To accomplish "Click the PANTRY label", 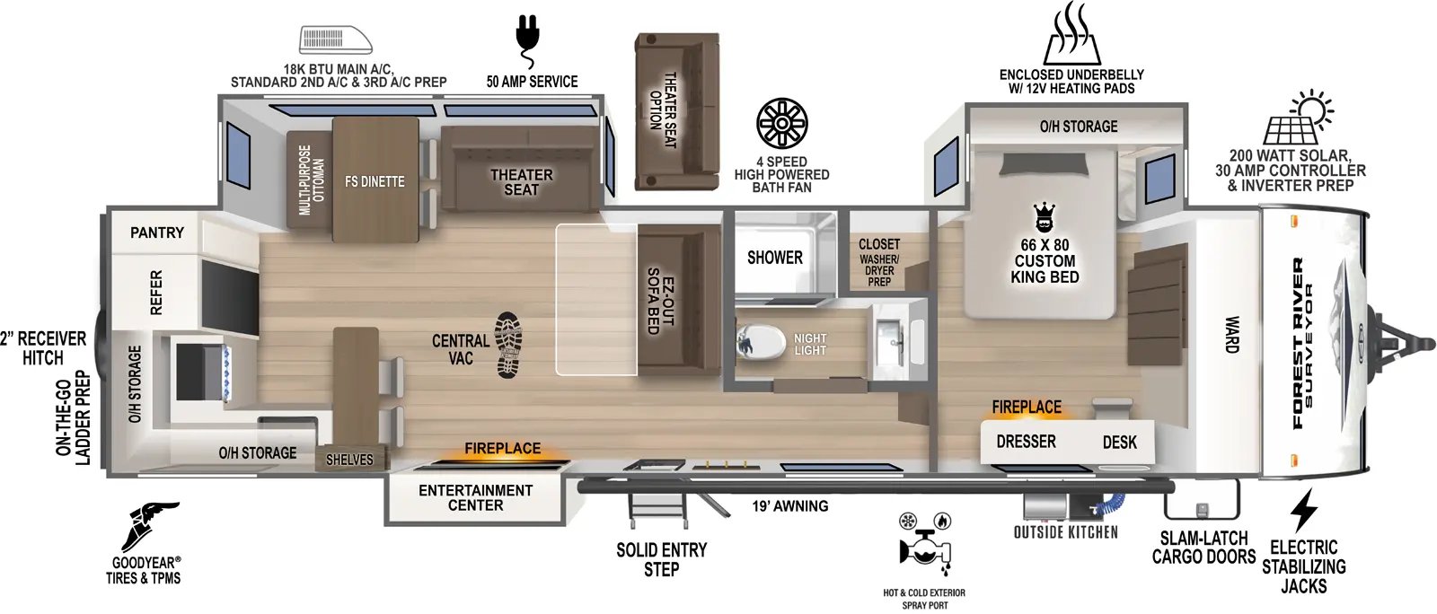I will pos(157,232).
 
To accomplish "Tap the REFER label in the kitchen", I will pos(156,293).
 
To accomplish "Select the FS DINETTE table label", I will pos(375,181).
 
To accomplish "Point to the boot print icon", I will pos(508,345).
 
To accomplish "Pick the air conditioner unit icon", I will pos(335,40).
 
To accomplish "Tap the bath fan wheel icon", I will pos(781,124).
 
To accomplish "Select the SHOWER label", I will pos(774,258).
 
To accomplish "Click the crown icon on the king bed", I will pos(1044,218).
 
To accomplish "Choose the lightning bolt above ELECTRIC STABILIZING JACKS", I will pos(1303,511).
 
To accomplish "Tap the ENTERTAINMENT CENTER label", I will pos(475,497).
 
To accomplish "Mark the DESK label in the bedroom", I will pos(1119,442).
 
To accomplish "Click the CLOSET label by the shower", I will pos(878,244).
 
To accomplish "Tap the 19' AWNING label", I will pos(789,506).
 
